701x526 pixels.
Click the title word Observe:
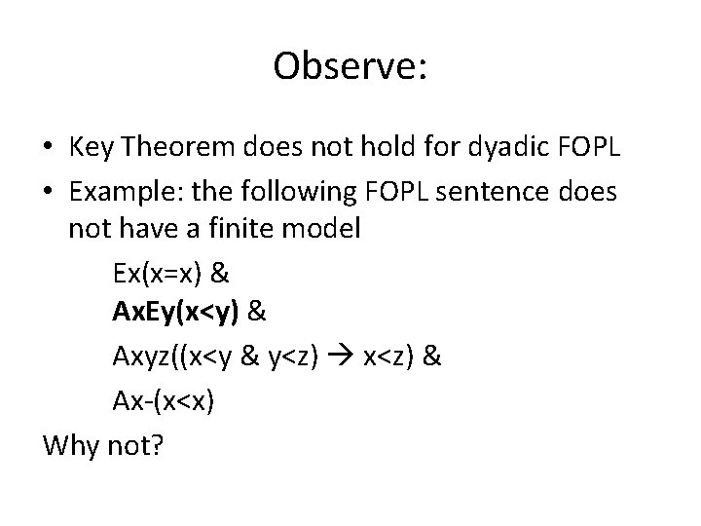(x=350, y=66)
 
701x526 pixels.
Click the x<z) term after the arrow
(x=391, y=357)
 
